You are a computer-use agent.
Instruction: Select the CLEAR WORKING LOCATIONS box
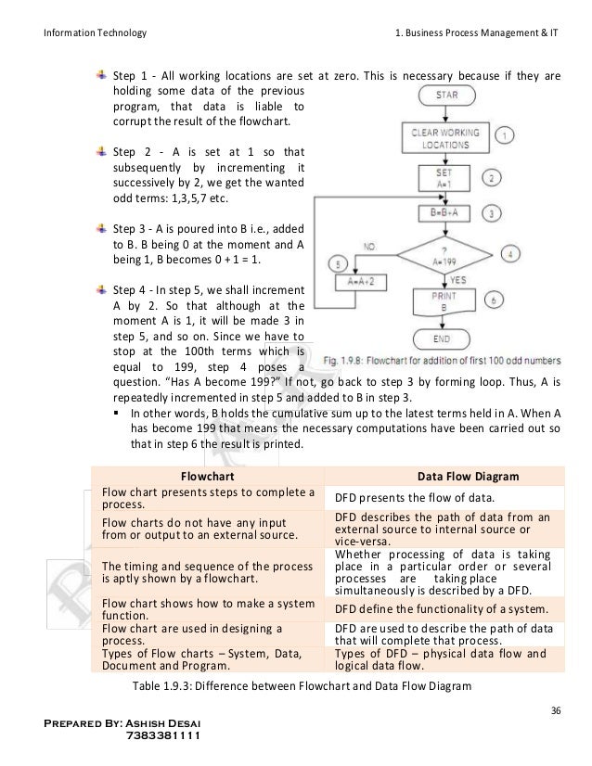pos(444,139)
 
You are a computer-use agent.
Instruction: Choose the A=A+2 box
pos(357,279)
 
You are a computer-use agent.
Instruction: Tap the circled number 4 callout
pos(512,252)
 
